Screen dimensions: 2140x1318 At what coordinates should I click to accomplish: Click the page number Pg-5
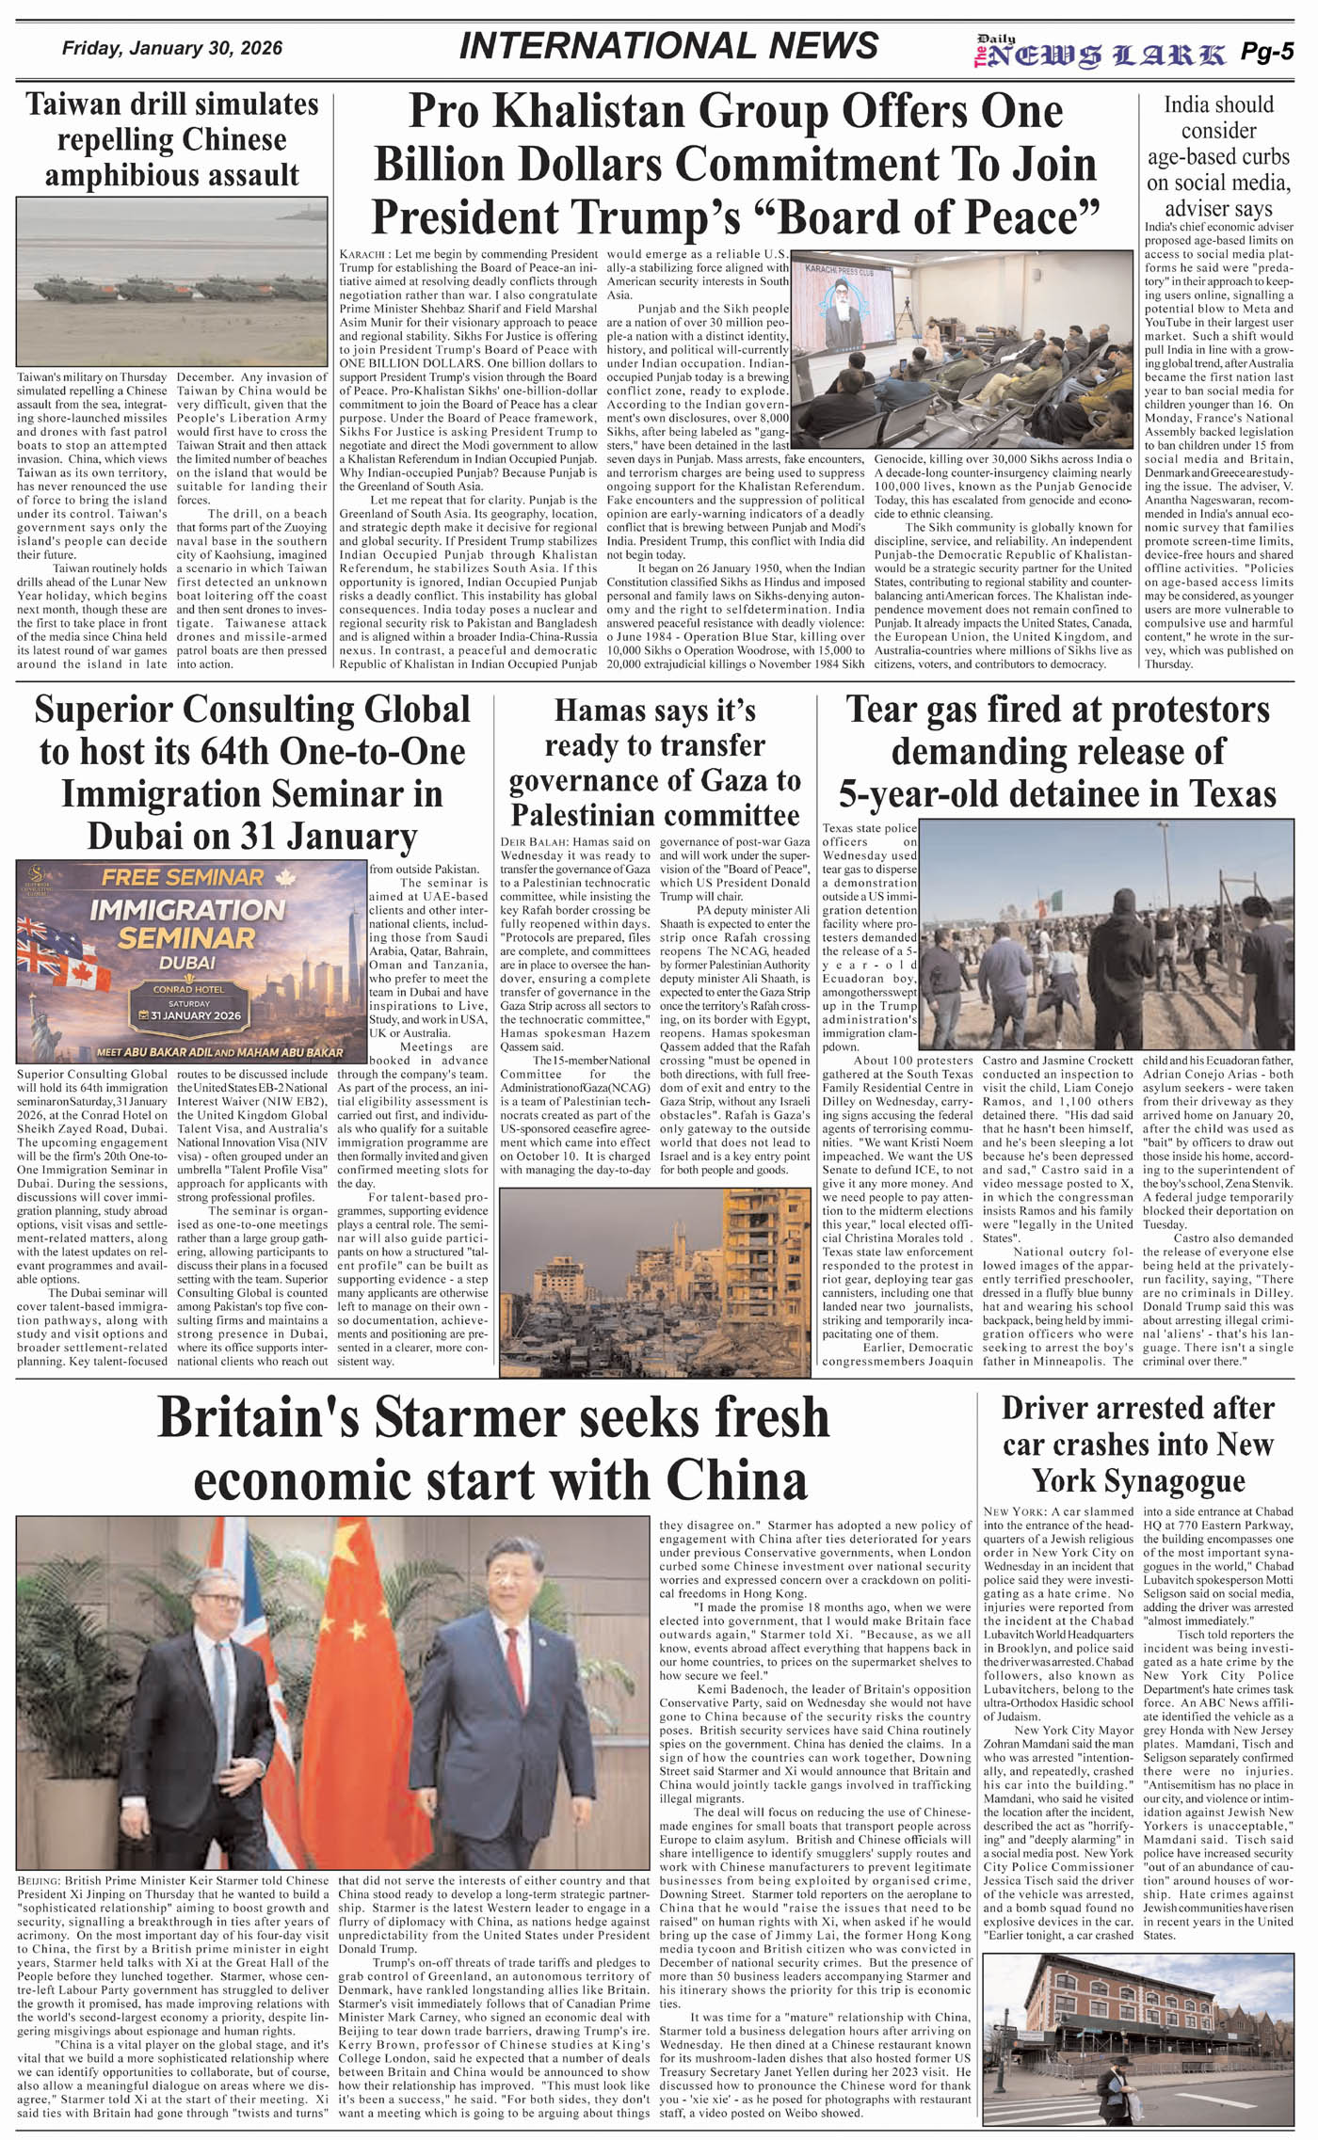(1266, 53)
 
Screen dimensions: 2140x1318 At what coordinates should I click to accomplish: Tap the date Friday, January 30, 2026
(172, 48)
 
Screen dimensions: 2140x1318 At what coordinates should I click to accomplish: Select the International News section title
(668, 46)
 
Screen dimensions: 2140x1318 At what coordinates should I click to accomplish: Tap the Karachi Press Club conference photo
(963, 349)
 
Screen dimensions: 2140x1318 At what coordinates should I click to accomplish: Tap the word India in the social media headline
(1192, 104)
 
